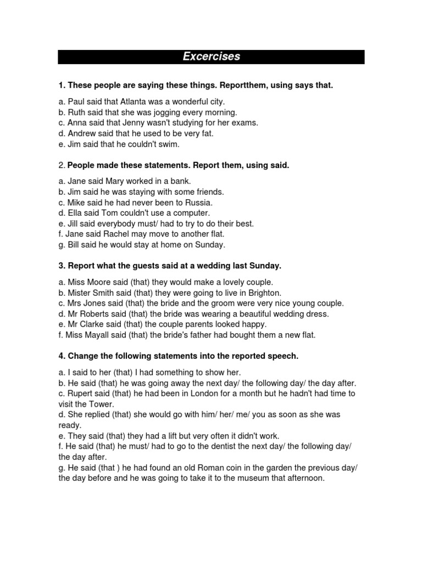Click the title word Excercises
(211, 57)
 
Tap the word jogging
(169, 113)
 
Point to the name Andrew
(81, 133)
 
